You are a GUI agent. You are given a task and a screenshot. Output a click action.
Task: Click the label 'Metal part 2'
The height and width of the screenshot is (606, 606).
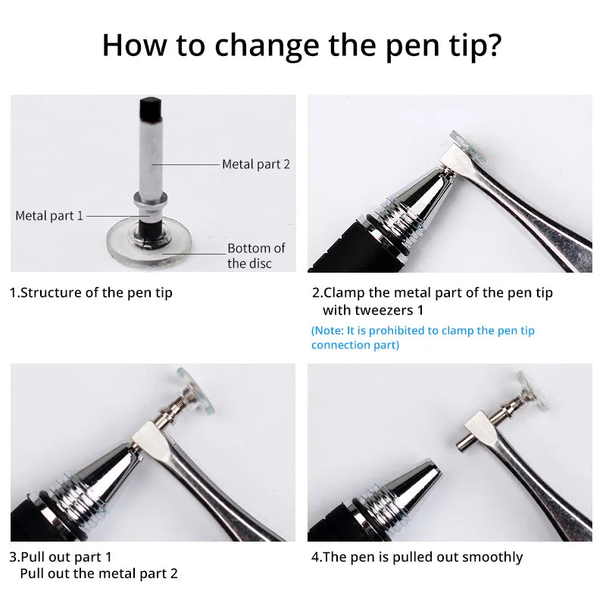click(255, 164)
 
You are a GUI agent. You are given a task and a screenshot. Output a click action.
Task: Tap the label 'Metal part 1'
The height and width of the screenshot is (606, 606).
click(49, 216)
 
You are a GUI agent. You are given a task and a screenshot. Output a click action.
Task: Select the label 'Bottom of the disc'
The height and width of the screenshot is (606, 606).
click(256, 255)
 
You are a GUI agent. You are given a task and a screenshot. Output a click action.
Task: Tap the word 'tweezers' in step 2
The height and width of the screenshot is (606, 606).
click(382, 310)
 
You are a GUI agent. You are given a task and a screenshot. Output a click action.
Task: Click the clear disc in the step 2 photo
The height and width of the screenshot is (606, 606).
click(472, 149)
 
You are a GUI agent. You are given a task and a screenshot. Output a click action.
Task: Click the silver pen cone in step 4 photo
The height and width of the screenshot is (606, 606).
click(409, 485)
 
